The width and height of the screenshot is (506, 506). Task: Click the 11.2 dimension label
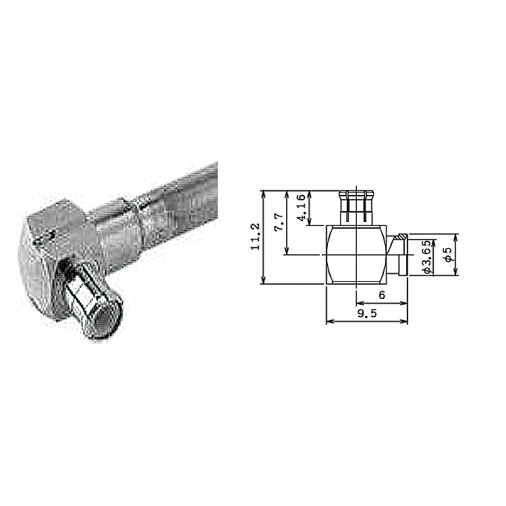tap(256, 237)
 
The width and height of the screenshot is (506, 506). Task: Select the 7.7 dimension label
tap(279, 222)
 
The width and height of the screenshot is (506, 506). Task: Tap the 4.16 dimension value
tap(301, 207)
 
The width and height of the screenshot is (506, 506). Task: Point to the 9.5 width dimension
tap(367, 313)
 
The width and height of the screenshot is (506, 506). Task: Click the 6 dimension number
tap(382, 295)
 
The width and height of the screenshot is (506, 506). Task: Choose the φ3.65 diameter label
tap(426, 257)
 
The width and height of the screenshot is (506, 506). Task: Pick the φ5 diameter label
tap(447, 255)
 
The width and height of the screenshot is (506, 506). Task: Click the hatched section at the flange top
tap(402, 237)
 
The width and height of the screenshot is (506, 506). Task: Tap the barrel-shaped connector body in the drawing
tap(356, 254)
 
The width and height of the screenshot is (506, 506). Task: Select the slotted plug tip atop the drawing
tap(356, 206)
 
